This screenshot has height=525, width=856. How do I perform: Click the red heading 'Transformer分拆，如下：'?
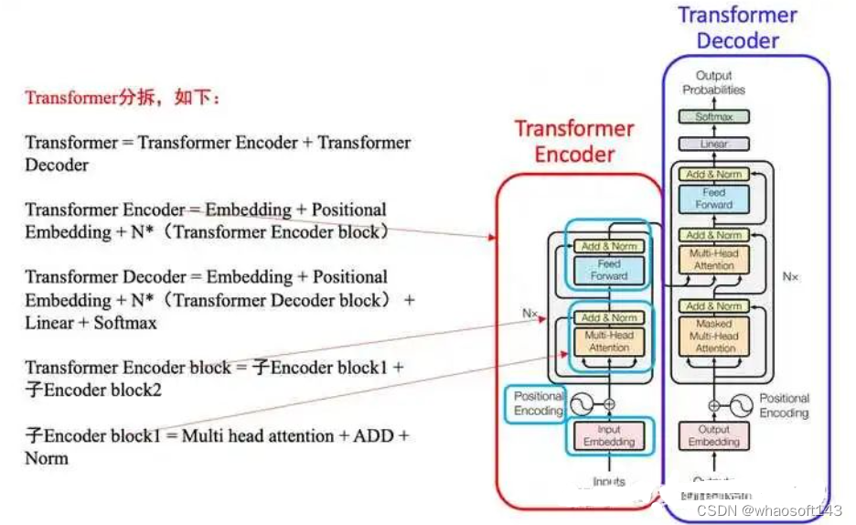click(x=123, y=98)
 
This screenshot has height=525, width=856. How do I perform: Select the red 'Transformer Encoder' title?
click(x=573, y=141)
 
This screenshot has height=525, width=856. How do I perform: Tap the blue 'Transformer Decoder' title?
click(x=737, y=27)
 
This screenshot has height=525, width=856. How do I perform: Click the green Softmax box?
click(x=713, y=117)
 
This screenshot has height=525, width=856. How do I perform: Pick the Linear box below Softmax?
click(x=713, y=145)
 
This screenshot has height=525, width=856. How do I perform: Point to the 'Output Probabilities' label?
click(x=713, y=83)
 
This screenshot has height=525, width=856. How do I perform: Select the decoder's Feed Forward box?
click(x=713, y=198)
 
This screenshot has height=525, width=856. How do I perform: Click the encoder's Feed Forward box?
click(x=609, y=270)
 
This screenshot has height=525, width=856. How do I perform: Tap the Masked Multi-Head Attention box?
click(x=714, y=336)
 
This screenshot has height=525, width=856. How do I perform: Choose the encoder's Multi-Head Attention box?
click(x=609, y=341)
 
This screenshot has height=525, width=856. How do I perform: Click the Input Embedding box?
click(x=609, y=435)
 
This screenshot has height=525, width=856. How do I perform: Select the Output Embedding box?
click(x=713, y=435)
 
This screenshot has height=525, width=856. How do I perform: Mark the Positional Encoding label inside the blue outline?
click(x=539, y=403)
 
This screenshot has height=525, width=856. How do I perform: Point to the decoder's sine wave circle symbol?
click(x=742, y=403)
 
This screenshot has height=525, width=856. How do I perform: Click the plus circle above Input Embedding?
click(x=609, y=403)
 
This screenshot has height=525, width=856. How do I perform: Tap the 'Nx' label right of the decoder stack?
click(x=790, y=276)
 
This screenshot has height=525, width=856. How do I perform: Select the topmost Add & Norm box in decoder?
click(x=713, y=174)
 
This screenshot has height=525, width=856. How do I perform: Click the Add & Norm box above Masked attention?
click(x=713, y=306)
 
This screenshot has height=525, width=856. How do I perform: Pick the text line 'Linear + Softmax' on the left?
click(x=91, y=323)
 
